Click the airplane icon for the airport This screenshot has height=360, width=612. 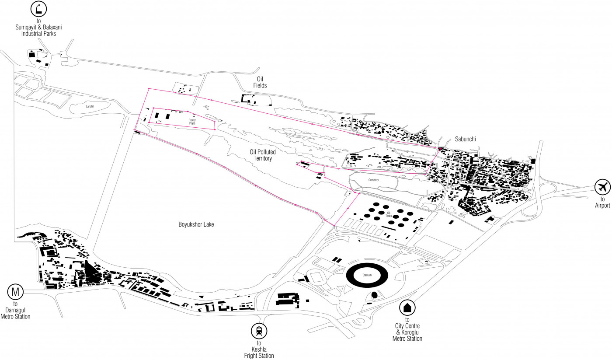point(602,188)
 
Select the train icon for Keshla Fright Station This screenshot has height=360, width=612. point(259,331)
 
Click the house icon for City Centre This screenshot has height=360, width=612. point(407,308)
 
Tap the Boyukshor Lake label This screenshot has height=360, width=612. point(196,224)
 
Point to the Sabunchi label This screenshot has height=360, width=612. point(464,139)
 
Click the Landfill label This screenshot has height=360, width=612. point(90,106)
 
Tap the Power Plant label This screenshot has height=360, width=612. point(192,122)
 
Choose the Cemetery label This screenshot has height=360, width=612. point(373,180)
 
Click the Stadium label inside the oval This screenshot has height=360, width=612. point(367,276)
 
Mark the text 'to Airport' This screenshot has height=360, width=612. point(602,203)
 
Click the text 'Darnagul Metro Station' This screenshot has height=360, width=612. point(16,314)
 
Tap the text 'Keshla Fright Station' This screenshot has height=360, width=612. point(259,353)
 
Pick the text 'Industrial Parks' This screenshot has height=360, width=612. point(38,34)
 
